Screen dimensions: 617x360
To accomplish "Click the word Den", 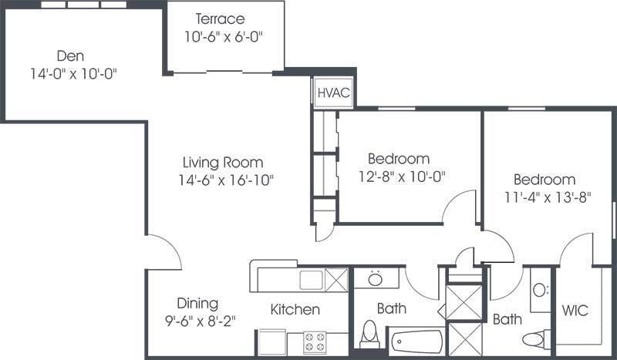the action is (70, 56).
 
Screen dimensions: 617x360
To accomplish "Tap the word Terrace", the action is (220, 19).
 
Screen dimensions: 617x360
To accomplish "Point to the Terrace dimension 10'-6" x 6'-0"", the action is (224, 36).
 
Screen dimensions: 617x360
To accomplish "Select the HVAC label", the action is (334, 93).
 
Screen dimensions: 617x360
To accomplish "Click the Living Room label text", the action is (223, 163).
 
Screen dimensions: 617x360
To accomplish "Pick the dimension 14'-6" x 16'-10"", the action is (226, 180).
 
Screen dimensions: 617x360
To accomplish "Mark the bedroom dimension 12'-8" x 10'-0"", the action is (401, 177).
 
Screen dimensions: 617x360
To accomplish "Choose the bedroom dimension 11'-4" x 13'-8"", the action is (548, 197).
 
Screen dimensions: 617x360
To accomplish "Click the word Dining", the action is (197, 304).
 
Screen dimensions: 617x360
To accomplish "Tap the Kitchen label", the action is (295, 309).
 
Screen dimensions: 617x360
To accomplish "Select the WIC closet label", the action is (575, 311).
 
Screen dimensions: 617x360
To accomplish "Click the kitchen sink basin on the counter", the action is (311, 280).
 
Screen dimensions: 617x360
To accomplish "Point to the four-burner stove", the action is (315, 342).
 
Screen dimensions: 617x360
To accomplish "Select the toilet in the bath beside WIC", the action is (536, 339).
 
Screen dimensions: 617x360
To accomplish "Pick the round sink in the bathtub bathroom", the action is (376, 279).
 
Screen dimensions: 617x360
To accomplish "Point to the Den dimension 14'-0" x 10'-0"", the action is (73, 73).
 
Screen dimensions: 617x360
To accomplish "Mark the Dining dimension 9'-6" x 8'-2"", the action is (200, 321).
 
